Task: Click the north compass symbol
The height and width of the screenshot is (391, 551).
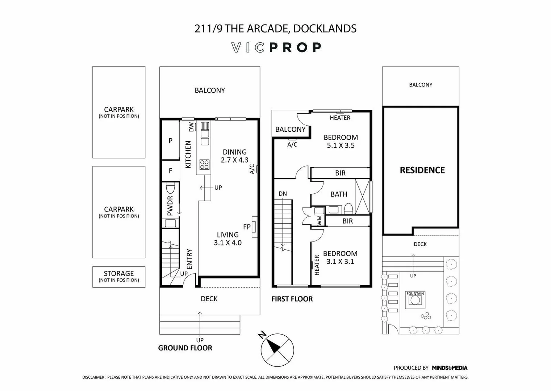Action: point(277,350)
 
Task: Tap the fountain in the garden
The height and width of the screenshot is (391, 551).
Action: point(415,300)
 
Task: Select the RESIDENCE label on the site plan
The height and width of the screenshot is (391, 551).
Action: point(422,170)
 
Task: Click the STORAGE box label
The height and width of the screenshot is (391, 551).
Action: point(119,274)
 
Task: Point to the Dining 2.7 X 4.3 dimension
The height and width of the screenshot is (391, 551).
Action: point(235,160)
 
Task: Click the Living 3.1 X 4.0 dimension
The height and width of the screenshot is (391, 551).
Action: point(228,243)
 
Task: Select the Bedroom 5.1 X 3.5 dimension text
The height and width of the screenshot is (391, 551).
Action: point(341,146)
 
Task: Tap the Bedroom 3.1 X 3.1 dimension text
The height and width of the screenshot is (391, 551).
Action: point(340,261)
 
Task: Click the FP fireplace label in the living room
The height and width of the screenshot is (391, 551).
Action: point(247,227)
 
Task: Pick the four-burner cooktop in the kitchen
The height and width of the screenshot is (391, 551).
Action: point(204,164)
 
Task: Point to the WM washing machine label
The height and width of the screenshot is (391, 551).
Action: point(320,221)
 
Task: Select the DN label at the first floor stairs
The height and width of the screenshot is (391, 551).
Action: point(283,194)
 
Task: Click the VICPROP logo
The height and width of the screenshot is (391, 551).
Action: point(276,47)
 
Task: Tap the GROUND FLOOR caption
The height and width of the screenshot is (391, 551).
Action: point(185,348)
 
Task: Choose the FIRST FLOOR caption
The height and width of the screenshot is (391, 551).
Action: point(292,299)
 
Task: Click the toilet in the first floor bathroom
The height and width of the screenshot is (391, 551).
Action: point(348,208)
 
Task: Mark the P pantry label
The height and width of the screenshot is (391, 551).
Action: point(170,141)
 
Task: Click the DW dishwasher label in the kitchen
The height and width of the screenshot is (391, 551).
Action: point(191,127)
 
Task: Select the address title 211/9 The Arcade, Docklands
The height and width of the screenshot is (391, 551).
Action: point(275,29)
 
